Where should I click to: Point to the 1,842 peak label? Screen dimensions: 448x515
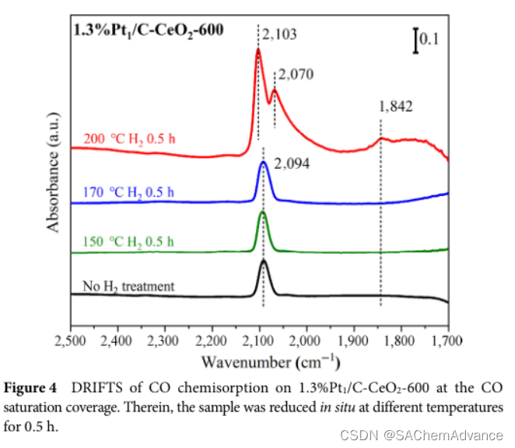[395, 107]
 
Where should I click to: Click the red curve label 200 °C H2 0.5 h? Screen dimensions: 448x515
[129, 140]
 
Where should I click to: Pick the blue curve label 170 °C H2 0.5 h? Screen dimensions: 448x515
[128, 192]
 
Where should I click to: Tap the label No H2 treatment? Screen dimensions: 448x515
[128, 286]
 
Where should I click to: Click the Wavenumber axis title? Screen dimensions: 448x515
[260, 362]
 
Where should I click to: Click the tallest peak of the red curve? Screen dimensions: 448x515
[258, 51]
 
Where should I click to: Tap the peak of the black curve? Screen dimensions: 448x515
[264, 261]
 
